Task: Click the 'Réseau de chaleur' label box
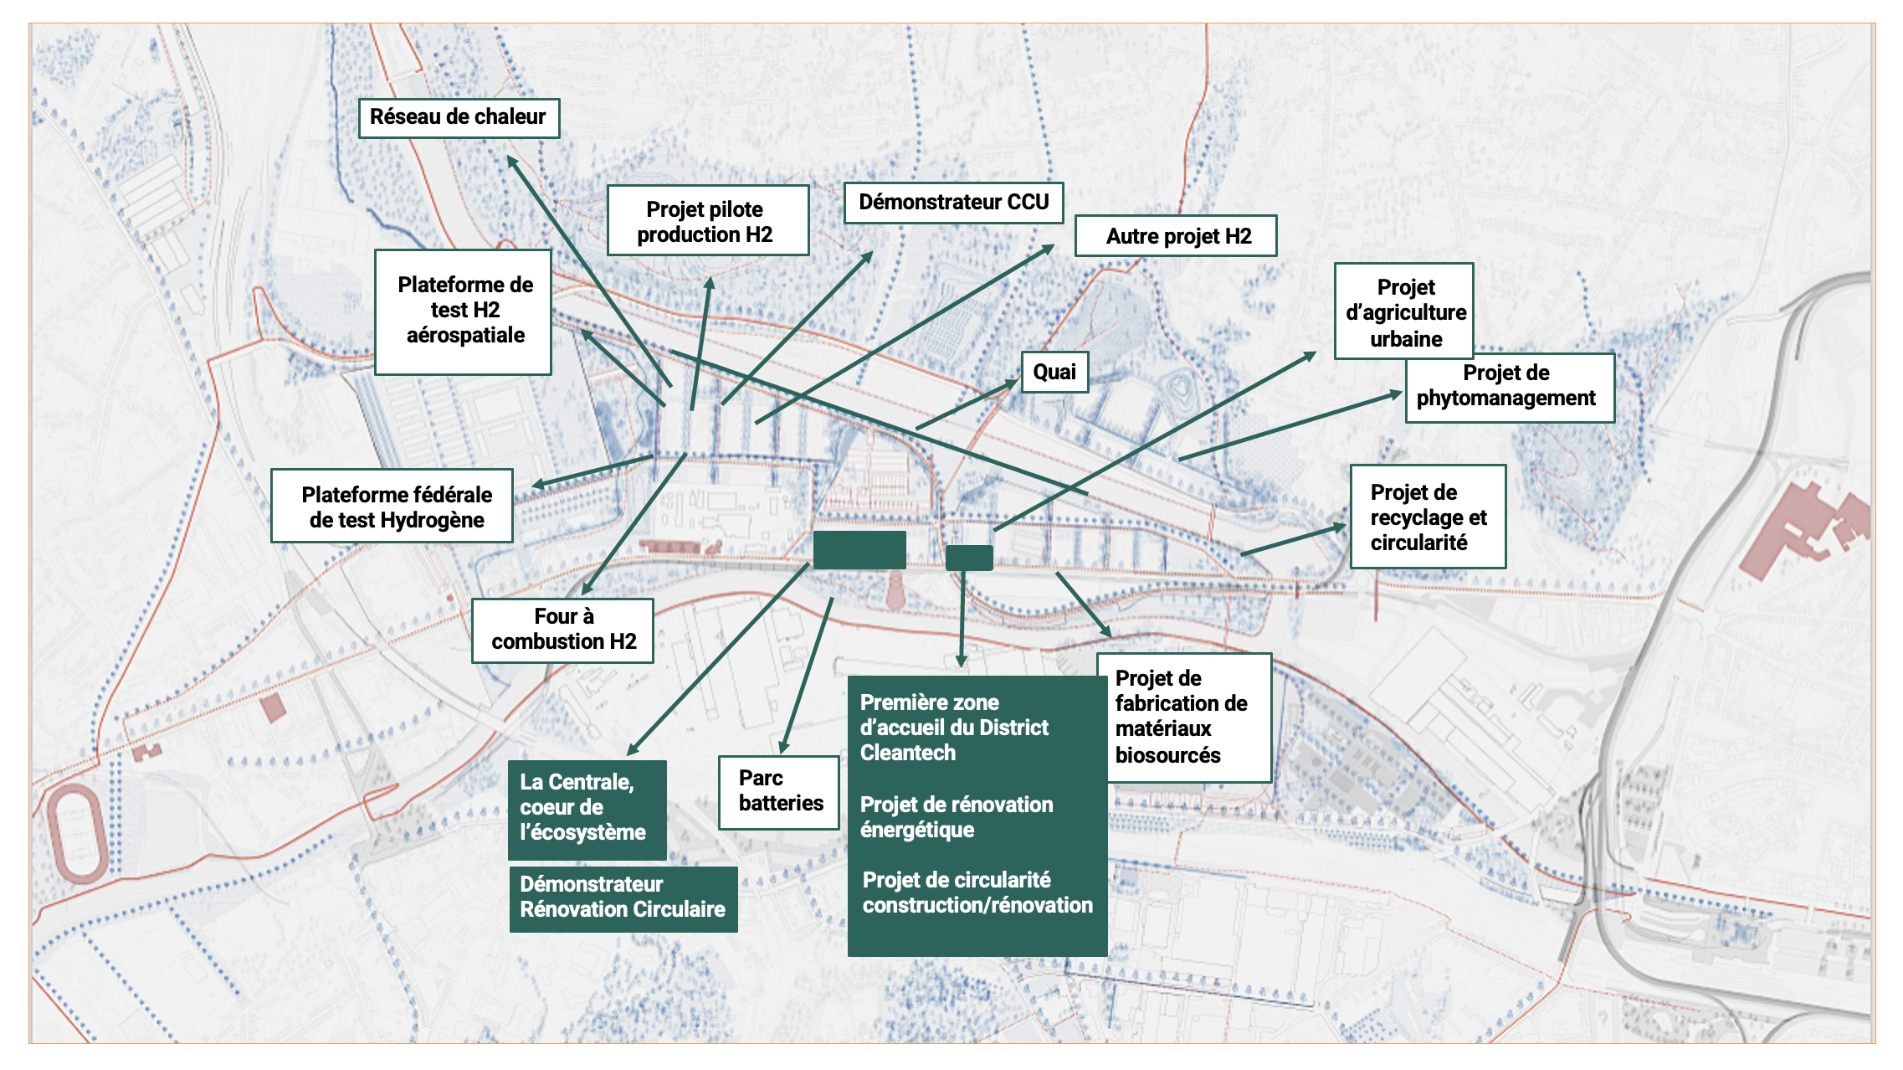coord(459,118)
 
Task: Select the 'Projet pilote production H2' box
coord(707,221)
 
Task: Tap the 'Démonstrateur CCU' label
coord(953,203)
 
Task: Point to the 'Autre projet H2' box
coord(1176,236)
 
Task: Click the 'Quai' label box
coord(1054,373)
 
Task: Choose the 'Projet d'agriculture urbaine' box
coord(1404,311)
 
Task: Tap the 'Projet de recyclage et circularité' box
coord(1428,517)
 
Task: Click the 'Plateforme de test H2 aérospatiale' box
coord(464,311)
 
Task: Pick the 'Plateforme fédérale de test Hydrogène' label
coord(392,507)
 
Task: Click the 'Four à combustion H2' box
coord(562,630)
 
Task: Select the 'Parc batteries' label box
coord(779,792)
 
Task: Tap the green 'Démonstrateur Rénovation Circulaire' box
coord(623,898)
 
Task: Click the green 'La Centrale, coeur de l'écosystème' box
coord(587,809)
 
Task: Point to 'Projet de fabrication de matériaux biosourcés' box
coord(1183,718)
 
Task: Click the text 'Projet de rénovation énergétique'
coord(957,817)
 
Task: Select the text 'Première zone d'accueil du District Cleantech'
coord(954,727)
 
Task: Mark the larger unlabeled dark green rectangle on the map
coord(859,550)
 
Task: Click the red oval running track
coord(76,833)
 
